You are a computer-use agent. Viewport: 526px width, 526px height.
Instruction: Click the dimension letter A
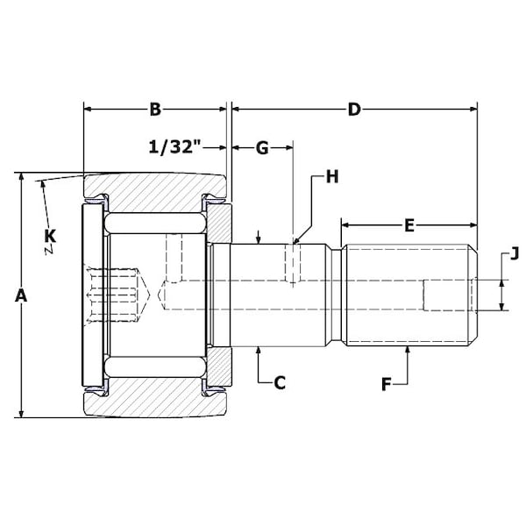point(23,296)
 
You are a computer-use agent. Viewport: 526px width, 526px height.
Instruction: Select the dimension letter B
point(155,110)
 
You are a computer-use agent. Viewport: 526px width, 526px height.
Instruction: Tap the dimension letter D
point(354,110)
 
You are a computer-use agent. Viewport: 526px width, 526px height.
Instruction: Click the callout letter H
point(331,177)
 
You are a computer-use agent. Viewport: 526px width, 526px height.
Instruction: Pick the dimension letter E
point(409,224)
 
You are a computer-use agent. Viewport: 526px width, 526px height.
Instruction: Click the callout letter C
point(280,382)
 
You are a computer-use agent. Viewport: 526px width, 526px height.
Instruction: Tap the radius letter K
point(50,235)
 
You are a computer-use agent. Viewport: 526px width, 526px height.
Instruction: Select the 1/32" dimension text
point(175,147)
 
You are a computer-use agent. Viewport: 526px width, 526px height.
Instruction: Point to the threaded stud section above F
point(409,295)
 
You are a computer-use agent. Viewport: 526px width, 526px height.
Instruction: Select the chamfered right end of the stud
point(474,295)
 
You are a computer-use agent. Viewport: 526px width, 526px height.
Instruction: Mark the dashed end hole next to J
point(447,295)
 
